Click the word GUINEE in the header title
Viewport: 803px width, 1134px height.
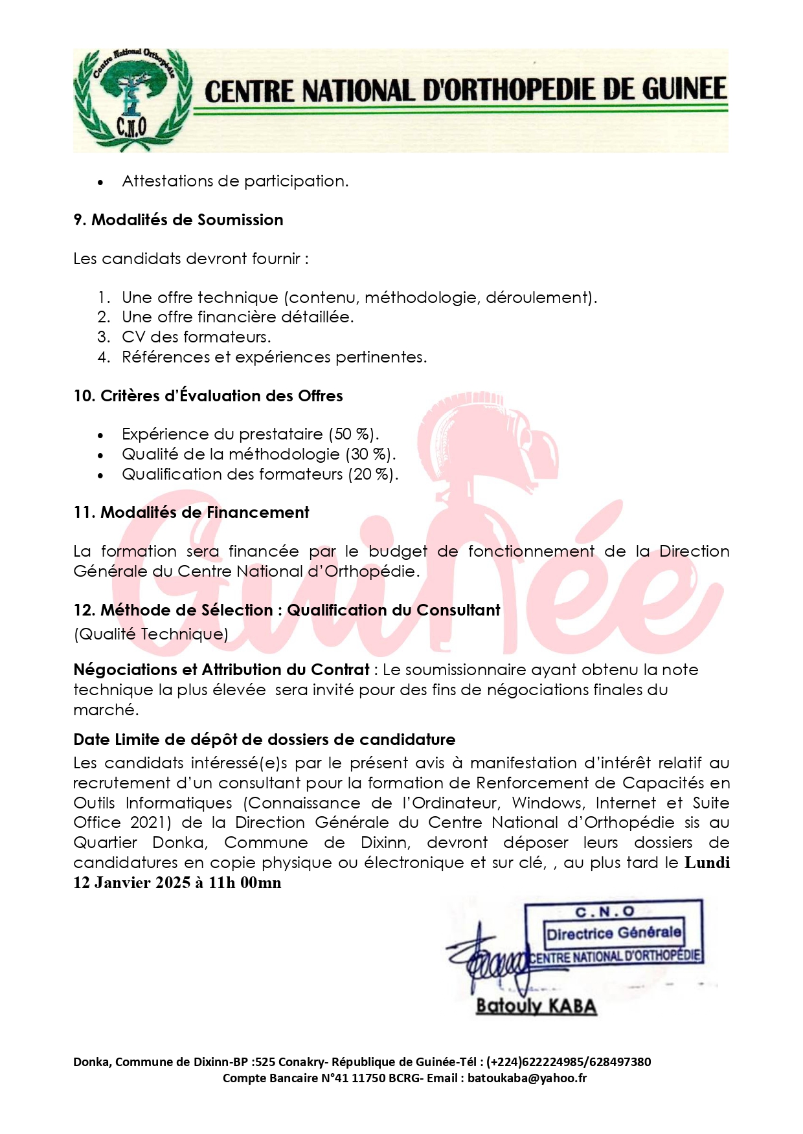pyautogui.click(x=684, y=90)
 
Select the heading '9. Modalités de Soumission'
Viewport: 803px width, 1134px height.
pyautogui.click(x=178, y=220)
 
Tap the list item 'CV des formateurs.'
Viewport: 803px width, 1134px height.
pyautogui.click(x=196, y=337)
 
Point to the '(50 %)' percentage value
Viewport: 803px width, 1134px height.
pyautogui.click(x=354, y=434)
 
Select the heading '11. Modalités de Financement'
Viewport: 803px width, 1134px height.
pyautogui.click(x=191, y=513)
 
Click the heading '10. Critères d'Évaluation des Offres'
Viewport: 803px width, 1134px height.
pyautogui.click(x=208, y=396)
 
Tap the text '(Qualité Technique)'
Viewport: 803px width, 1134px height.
pyautogui.click(x=151, y=634)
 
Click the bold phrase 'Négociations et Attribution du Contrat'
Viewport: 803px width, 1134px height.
pyautogui.click(x=221, y=670)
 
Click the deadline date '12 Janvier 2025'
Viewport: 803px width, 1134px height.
pyautogui.click(x=132, y=883)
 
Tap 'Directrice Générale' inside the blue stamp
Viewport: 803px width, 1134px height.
pyautogui.click(x=613, y=933)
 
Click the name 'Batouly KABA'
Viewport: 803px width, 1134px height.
pyautogui.click(x=536, y=1006)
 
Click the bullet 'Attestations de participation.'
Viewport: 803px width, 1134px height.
pyautogui.click(x=235, y=181)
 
